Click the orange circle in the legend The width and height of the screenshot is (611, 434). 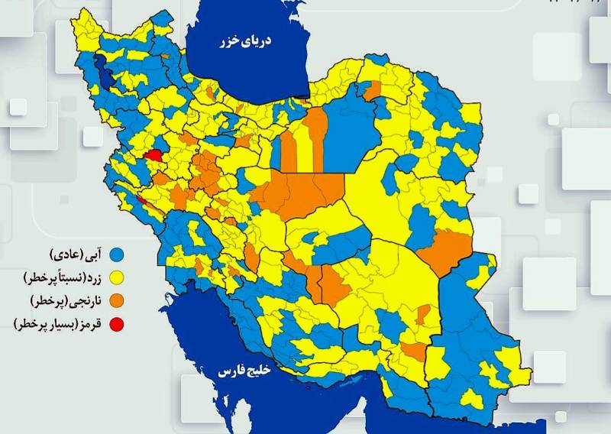117,300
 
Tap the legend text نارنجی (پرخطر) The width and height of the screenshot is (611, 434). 68,300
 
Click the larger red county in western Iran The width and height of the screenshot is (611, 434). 153,154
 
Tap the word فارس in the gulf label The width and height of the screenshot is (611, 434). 228,372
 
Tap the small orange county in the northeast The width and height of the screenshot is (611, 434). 372,91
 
